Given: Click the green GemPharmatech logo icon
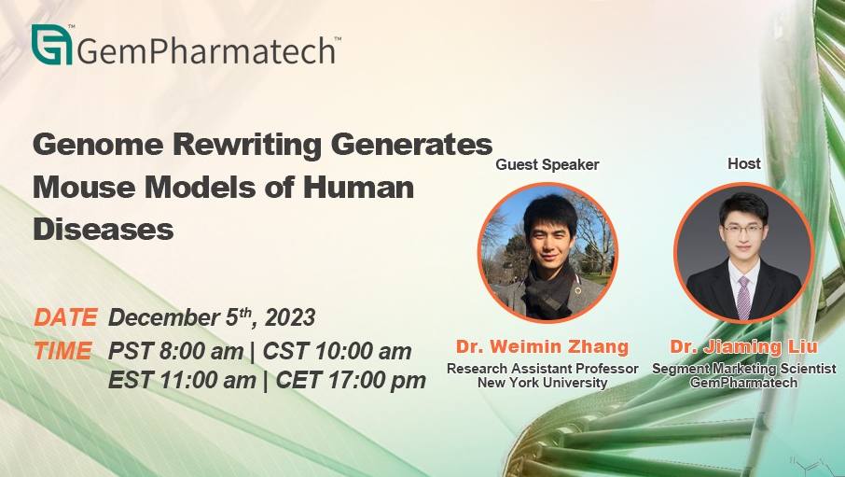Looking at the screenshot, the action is [51, 45].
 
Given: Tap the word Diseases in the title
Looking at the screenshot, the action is [103, 230].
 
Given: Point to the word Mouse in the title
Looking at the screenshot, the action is [84, 188].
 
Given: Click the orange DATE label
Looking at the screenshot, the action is [65, 317].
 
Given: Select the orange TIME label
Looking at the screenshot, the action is [63, 351].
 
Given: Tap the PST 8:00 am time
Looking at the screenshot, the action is [175, 351].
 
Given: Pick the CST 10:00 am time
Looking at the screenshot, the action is [337, 351].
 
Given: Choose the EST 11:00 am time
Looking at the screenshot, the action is [182, 381].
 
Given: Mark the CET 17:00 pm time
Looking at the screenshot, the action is [351, 381].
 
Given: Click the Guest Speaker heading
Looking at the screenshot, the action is [547, 164].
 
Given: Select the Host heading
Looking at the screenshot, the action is [744, 163].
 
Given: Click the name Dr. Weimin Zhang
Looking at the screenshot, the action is [542, 346].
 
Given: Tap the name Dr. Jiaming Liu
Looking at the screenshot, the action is [743, 346].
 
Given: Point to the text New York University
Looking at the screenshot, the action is [542, 383].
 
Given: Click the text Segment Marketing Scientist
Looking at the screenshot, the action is [743, 369].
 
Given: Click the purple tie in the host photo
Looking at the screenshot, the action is [743, 298].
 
